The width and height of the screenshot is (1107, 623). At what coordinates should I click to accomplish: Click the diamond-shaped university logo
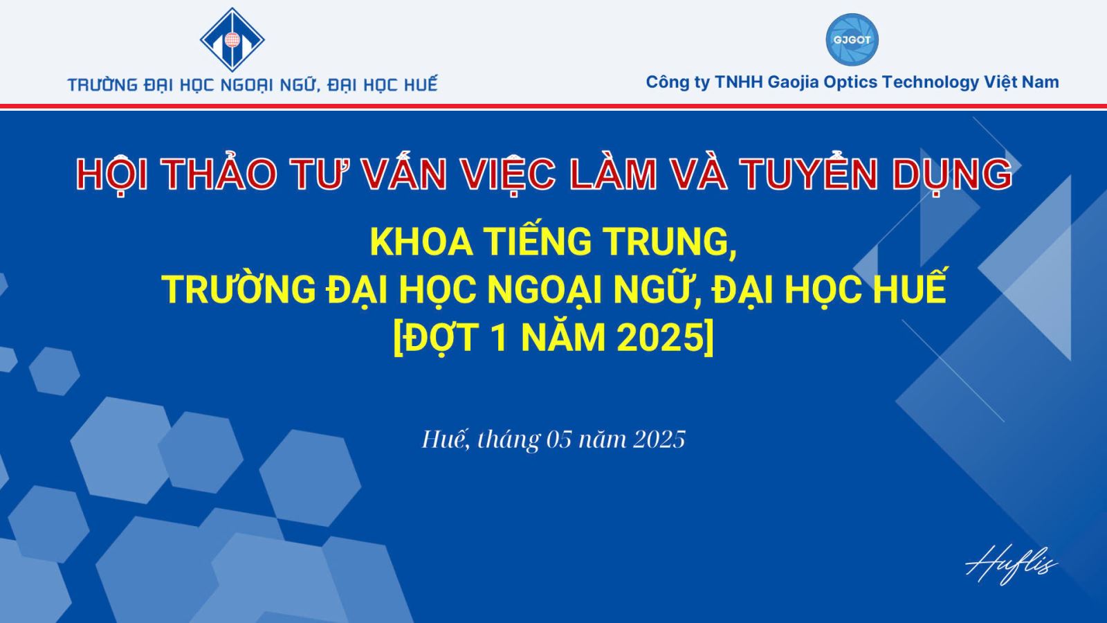[232, 39]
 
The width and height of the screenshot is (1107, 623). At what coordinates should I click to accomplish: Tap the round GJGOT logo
[852, 39]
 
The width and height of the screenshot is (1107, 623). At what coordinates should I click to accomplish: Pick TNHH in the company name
[739, 82]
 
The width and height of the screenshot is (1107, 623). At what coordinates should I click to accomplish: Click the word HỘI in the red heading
[112, 173]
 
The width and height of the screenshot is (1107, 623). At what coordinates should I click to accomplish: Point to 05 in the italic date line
[559, 440]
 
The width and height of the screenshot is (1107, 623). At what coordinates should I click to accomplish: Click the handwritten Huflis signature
[1011, 565]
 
